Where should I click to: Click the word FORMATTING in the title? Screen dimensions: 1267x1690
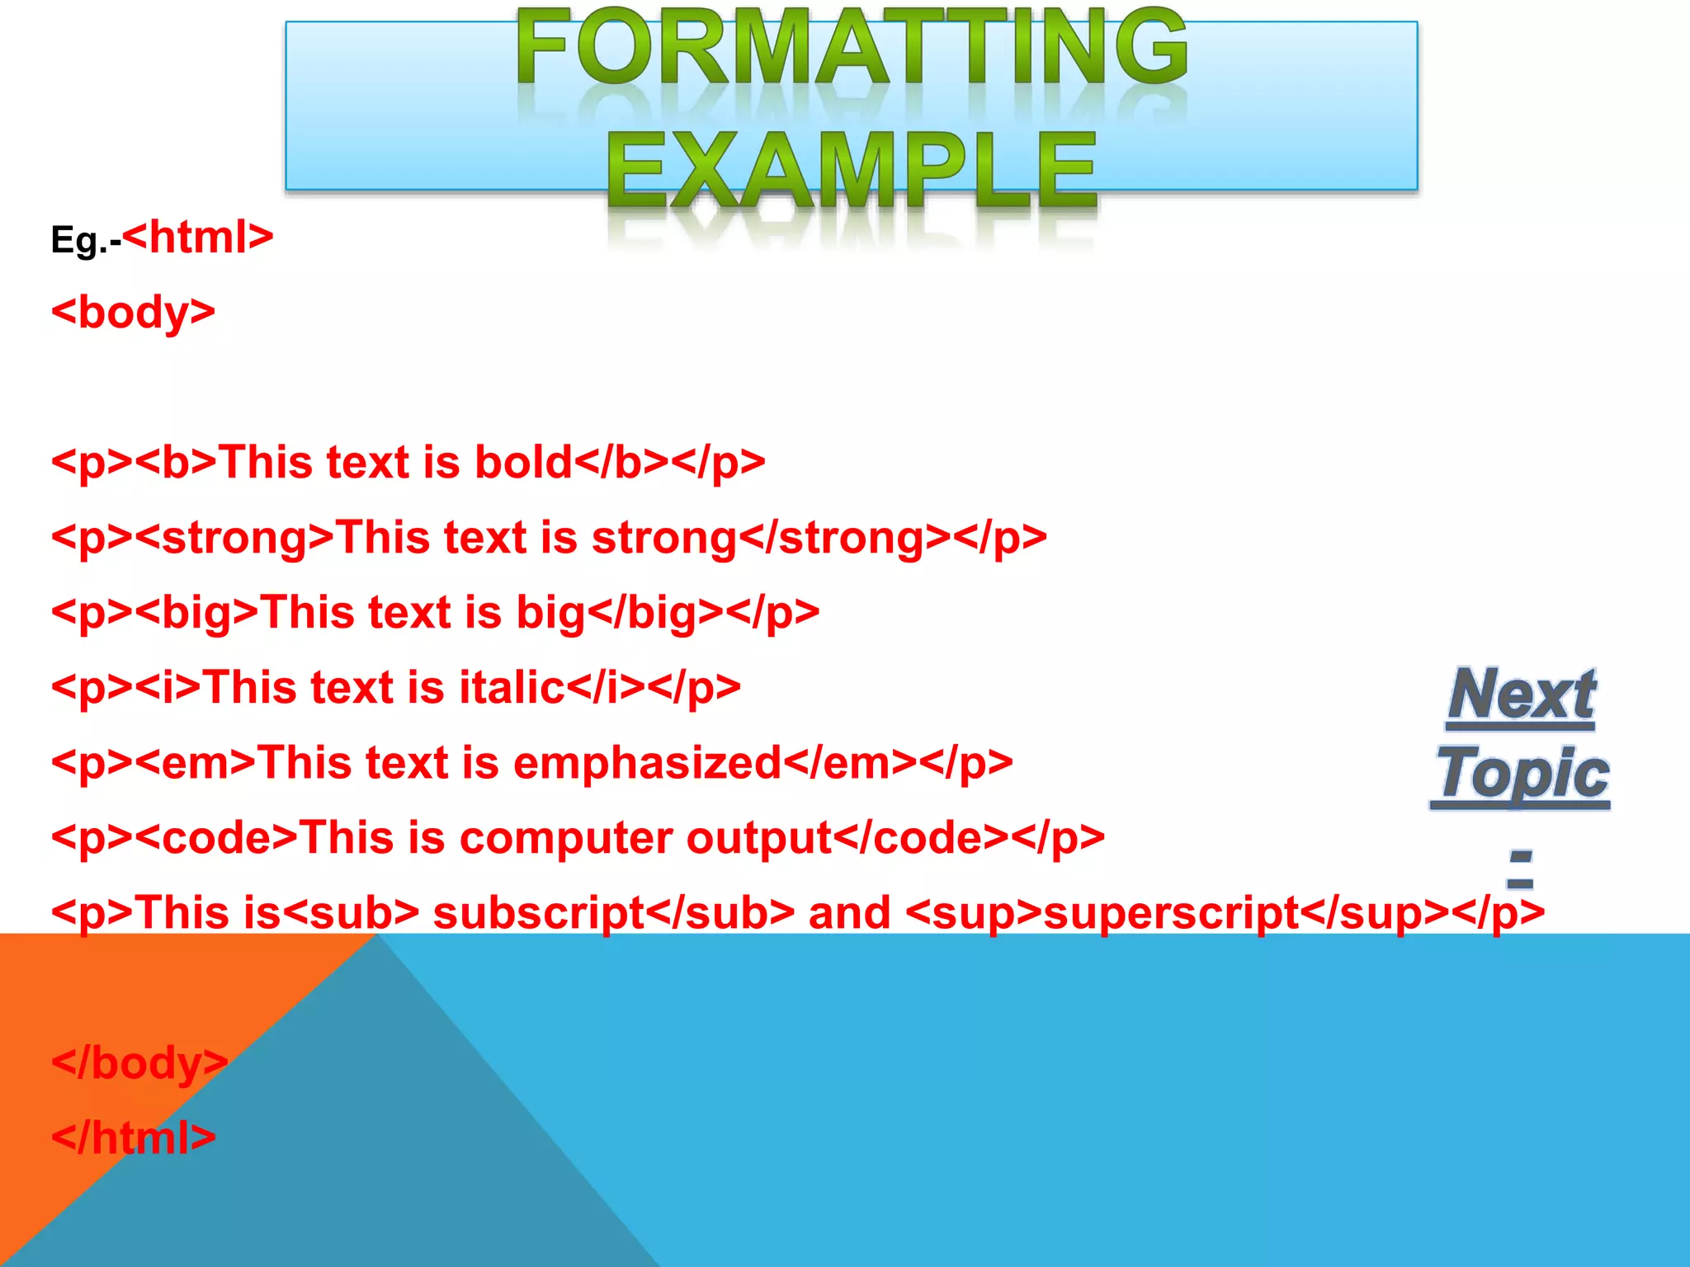tap(852, 48)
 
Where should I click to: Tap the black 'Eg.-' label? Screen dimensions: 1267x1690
tap(85, 241)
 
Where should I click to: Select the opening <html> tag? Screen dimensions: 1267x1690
tap(198, 238)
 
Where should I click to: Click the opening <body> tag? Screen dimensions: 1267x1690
tap(133, 313)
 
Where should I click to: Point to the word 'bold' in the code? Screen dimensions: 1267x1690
tap(523, 462)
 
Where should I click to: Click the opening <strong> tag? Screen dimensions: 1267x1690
tap(234, 538)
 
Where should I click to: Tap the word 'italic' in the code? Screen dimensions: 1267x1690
tap(512, 688)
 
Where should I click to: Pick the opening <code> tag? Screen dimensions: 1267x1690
tap(215, 838)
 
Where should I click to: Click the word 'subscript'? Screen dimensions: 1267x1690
tap(538, 913)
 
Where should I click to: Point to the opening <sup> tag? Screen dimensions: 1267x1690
tap(974, 913)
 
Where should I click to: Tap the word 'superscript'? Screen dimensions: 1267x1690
tap(1172, 913)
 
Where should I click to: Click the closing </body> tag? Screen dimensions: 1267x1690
tap(139, 1063)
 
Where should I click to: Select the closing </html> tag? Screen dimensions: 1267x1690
tap(133, 1138)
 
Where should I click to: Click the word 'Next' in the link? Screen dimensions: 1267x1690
tap(1521, 695)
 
